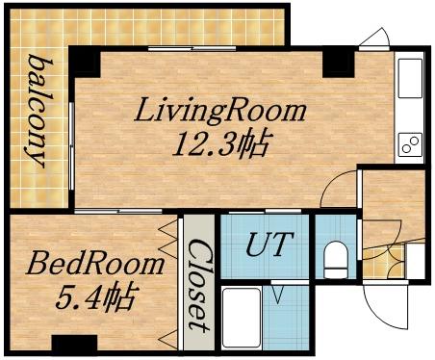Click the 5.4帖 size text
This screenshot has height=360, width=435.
(93, 294)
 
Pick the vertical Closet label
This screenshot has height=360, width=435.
(198, 279)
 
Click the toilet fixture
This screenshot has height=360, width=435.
(336, 259)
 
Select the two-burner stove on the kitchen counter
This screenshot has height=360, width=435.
(410, 146)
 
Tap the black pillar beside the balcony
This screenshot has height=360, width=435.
(85, 64)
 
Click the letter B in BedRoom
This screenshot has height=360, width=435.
(38, 262)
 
